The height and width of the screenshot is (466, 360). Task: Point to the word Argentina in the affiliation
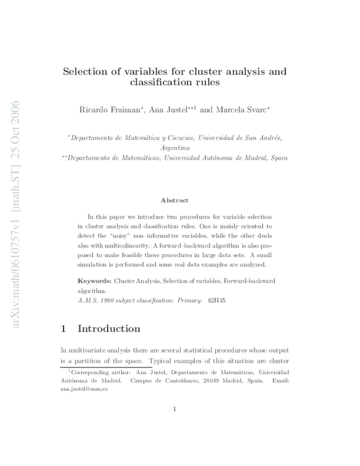click(x=175, y=147)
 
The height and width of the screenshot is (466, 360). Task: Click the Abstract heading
click(x=175, y=200)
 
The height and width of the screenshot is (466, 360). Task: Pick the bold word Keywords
click(x=95, y=280)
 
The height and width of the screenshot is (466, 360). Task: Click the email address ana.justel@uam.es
click(x=84, y=389)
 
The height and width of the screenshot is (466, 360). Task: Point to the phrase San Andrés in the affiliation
click(x=260, y=137)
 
